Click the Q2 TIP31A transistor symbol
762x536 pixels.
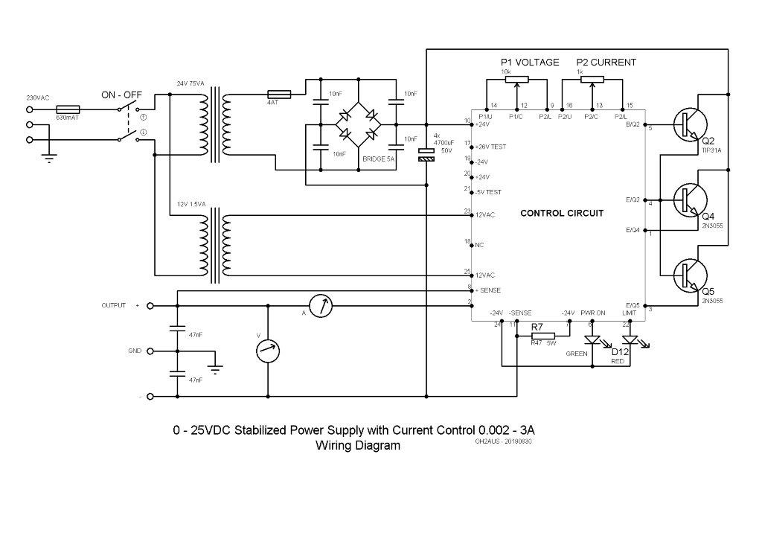click(x=685, y=124)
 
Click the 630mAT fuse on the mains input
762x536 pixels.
click(x=68, y=109)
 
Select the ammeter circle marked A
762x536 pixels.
click(x=320, y=305)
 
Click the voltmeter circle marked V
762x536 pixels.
click(x=267, y=348)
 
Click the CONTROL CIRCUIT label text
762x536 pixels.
click(x=562, y=214)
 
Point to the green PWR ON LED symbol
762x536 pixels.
click(x=593, y=339)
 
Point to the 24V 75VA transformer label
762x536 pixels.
click(x=191, y=83)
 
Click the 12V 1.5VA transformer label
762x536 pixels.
click(x=193, y=203)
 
